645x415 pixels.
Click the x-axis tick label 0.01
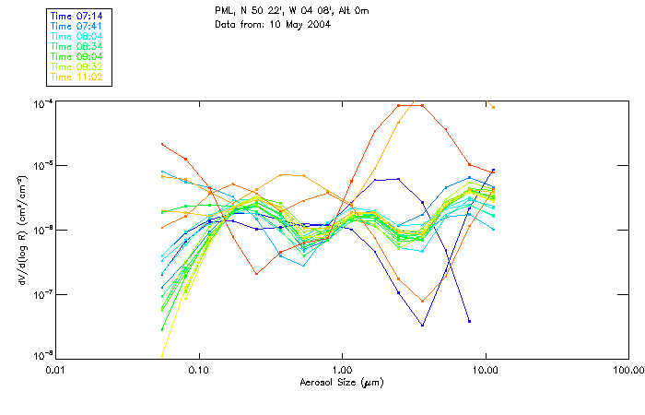tap(56, 369)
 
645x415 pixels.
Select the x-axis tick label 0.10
tap(199, 369)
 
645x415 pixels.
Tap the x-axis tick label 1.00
tap(342, 369)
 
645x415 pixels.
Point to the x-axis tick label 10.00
tap(485, 369)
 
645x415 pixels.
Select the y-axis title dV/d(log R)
tap(19, 230)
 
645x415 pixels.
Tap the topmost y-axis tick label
tap(42, 102)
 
